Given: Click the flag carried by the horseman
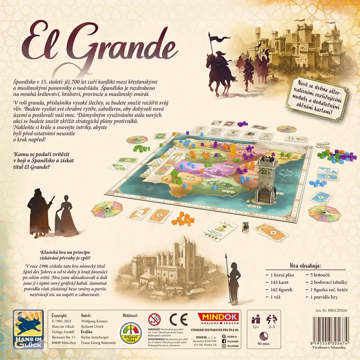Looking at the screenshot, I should pyautogui.click(x=220, y=37).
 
